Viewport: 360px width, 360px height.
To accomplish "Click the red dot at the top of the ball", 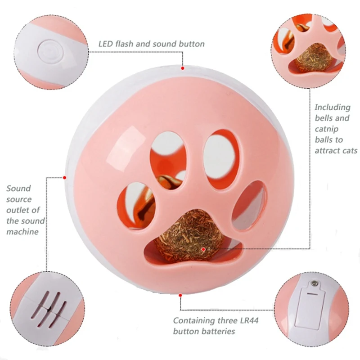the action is coord(183,68).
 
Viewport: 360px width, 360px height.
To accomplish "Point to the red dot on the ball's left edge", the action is coord(64,177).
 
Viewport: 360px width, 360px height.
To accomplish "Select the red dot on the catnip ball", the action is coord(203,249).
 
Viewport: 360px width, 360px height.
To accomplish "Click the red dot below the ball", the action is coord(180,295).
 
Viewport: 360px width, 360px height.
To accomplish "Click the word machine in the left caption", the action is coord(22,232).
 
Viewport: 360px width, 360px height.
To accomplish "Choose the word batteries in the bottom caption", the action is coord(220,331).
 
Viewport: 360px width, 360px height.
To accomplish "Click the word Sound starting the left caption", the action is coord(18,189).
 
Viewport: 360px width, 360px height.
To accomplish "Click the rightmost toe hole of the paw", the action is coord(249,205).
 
